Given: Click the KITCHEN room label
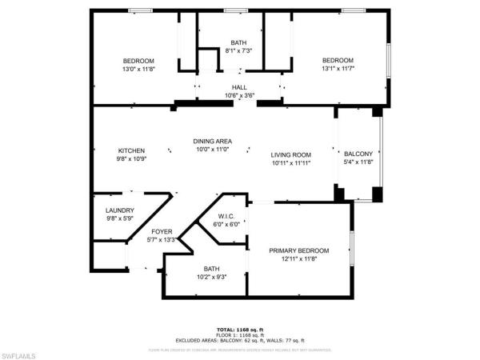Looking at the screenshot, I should click(131, 150).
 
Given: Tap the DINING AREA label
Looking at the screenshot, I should click(212, 141).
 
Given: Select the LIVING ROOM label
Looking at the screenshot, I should click(290, 154).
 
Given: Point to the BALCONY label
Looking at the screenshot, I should click(358, 154).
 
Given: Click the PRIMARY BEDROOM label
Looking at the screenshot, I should click(298, 250).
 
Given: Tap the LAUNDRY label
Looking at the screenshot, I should click(120, 210).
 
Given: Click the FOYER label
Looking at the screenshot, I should click(161, 231).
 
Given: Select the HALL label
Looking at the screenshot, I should click(239, 87).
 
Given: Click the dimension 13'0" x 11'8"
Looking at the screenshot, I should click(138, 70).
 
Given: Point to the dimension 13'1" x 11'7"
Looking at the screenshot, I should click(338, 70).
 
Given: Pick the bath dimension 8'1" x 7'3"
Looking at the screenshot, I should click(239, 51).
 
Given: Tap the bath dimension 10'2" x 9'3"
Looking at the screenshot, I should click(211, 277).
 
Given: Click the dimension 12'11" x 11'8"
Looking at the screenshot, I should click(298, 258).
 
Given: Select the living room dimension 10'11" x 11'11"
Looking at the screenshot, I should click(290, 162).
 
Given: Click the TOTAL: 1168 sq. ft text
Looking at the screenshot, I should click(240, 330).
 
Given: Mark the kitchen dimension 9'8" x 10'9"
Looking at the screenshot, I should click(131, 158).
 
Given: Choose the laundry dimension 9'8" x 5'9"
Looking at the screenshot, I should click(120, 218).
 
